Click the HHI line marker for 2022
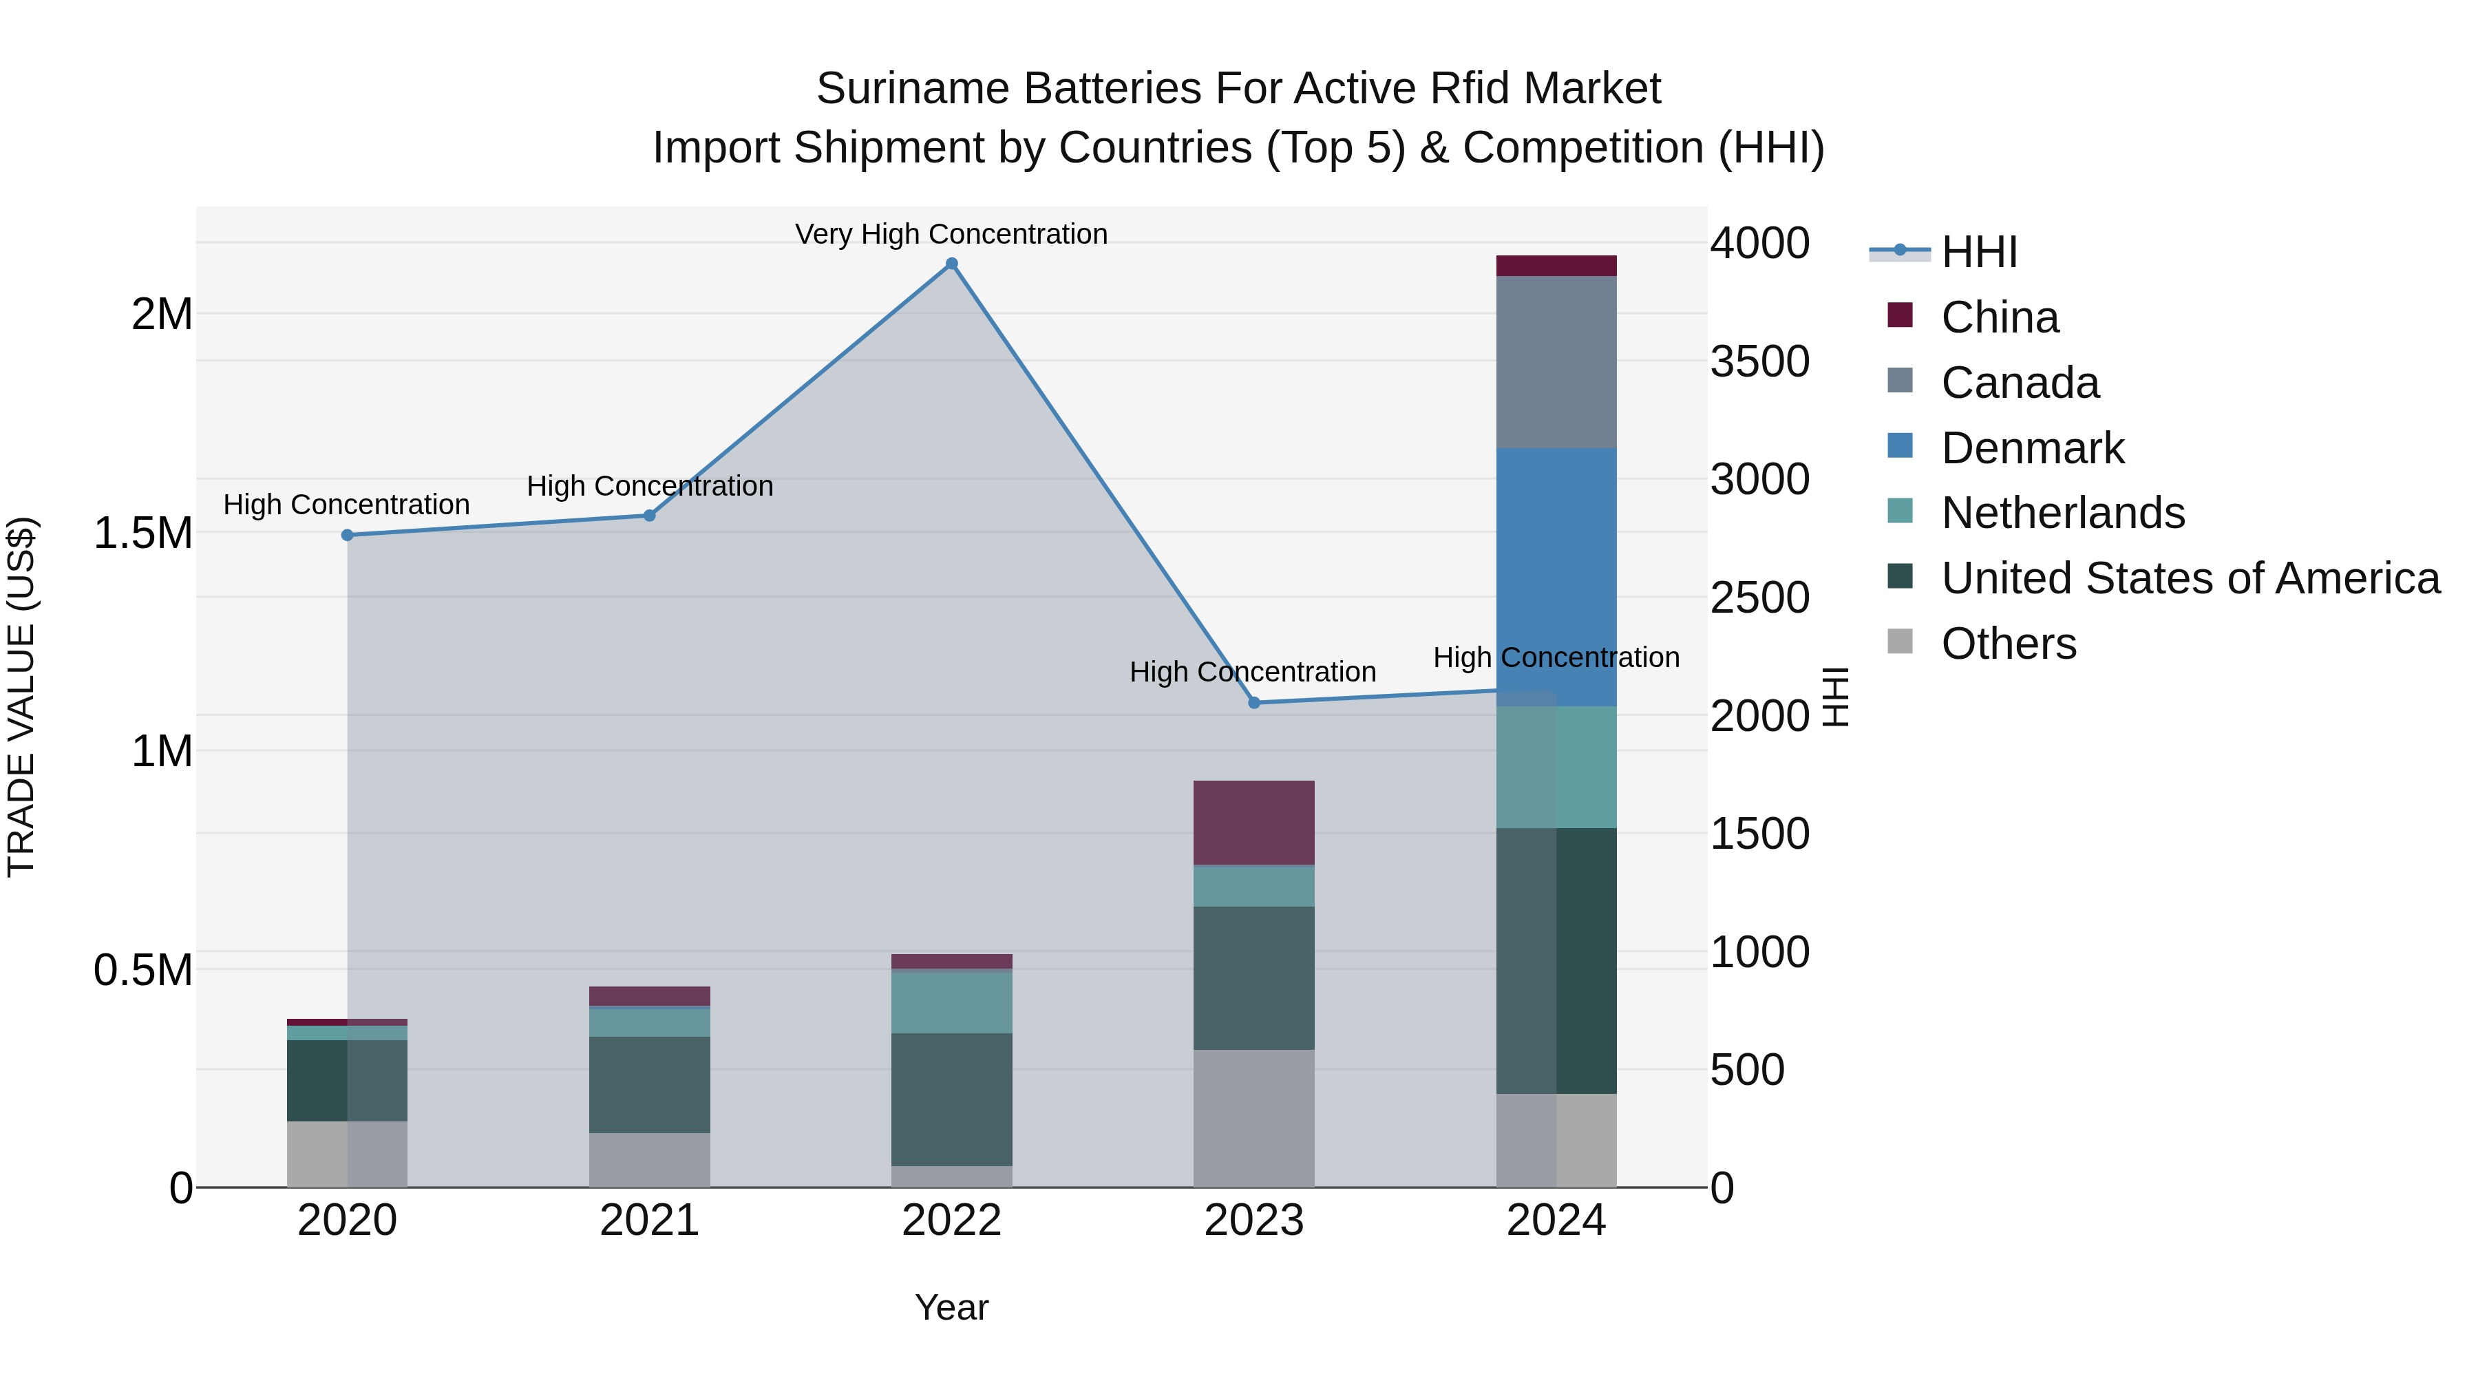(951, 264)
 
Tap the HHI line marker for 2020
(348, 535)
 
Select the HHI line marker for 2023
(1253, 704)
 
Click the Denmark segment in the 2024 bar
(1556, 578)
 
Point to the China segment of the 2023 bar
(1253, 823)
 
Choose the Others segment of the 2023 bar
(1253, 1118)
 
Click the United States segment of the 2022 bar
(951, 1099)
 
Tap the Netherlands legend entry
(2062, 513)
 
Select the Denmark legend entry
(2032, 448)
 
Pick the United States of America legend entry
(2190, 578)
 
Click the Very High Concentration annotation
(951, 234)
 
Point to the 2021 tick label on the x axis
(649, 1221)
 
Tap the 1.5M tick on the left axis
(143, 533)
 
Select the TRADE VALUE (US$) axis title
(21, 697)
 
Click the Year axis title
(951, 1307)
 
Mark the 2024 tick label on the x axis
(1556, 1221)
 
